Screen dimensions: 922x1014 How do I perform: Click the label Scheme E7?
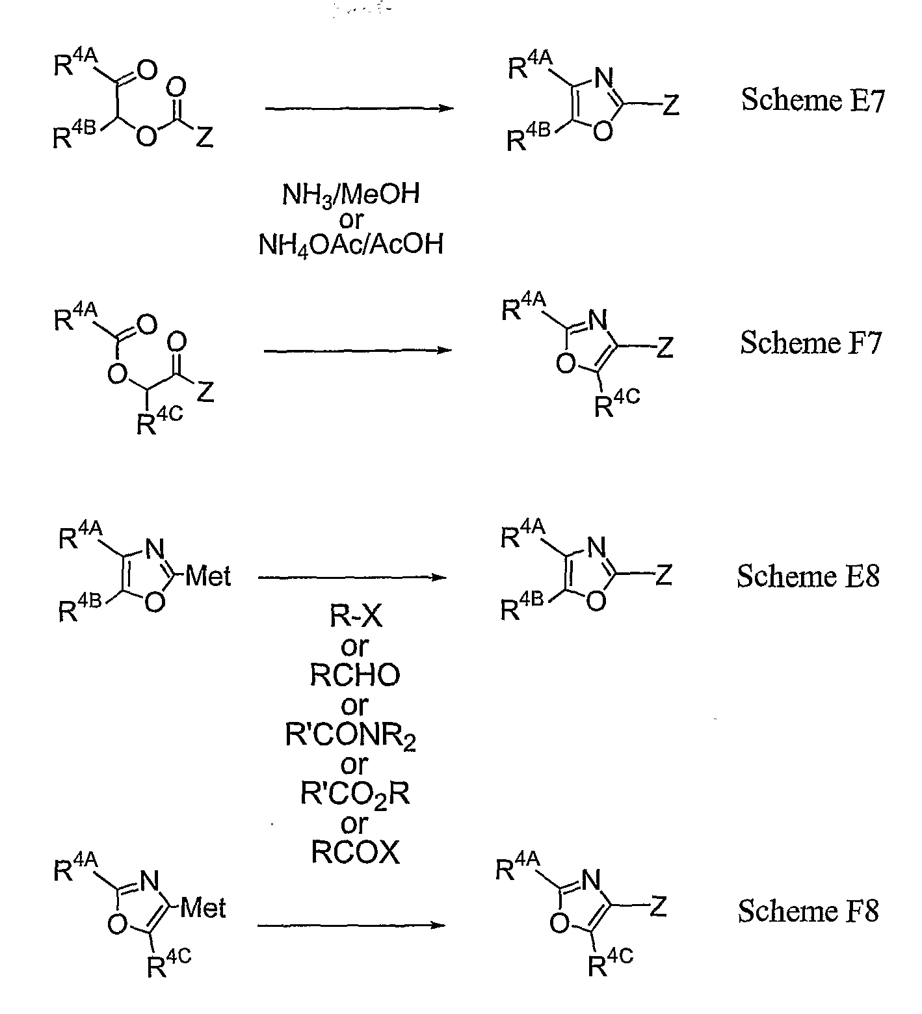pos(813,101)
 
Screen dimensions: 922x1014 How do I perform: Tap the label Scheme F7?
pos(811,342)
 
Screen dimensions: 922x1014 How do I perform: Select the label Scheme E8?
pos(808,576)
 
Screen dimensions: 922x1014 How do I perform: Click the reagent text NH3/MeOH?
pos(350,194)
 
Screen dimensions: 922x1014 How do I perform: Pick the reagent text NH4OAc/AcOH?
pos(350,245)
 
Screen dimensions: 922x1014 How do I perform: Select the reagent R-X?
pos(356,617)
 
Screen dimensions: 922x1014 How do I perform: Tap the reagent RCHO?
pos(354,676)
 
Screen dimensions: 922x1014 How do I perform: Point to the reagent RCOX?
pos(355,853)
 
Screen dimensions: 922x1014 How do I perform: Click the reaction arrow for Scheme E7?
pos(358,108)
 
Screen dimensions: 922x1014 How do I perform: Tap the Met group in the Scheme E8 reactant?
pos(207,576)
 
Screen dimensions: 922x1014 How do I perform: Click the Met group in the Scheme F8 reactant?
pos(203,908)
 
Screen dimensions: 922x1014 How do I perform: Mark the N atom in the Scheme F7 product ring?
pos(598,321)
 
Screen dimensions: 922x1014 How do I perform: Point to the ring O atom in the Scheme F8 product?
pos(560,924)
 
